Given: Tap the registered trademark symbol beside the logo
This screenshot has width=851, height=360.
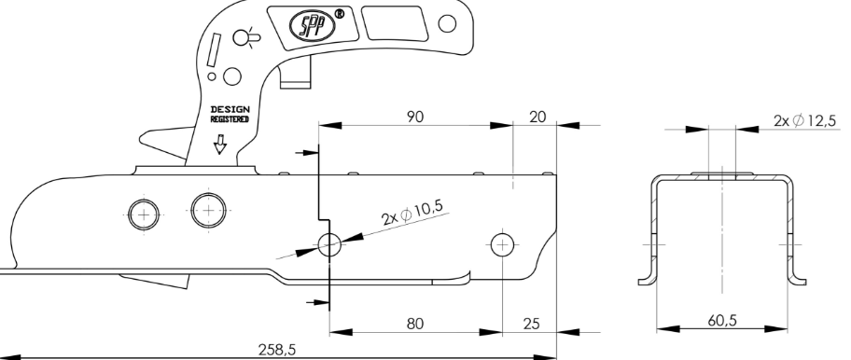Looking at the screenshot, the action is point(340,14).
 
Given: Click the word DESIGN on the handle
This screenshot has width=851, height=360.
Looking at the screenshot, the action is point(230,109).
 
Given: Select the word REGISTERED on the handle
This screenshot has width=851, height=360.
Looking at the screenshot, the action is point(230,118).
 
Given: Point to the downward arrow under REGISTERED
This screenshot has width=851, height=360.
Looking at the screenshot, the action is point(220,145).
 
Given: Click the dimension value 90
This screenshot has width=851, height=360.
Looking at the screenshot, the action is point(415,117).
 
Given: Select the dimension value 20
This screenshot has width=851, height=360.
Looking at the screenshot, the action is point(537,117).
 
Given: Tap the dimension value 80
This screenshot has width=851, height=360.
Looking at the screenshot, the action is point(415,324).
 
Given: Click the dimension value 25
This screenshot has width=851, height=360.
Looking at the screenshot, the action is point(531,324).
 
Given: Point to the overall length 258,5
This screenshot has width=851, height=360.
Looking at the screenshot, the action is point(277,350).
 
